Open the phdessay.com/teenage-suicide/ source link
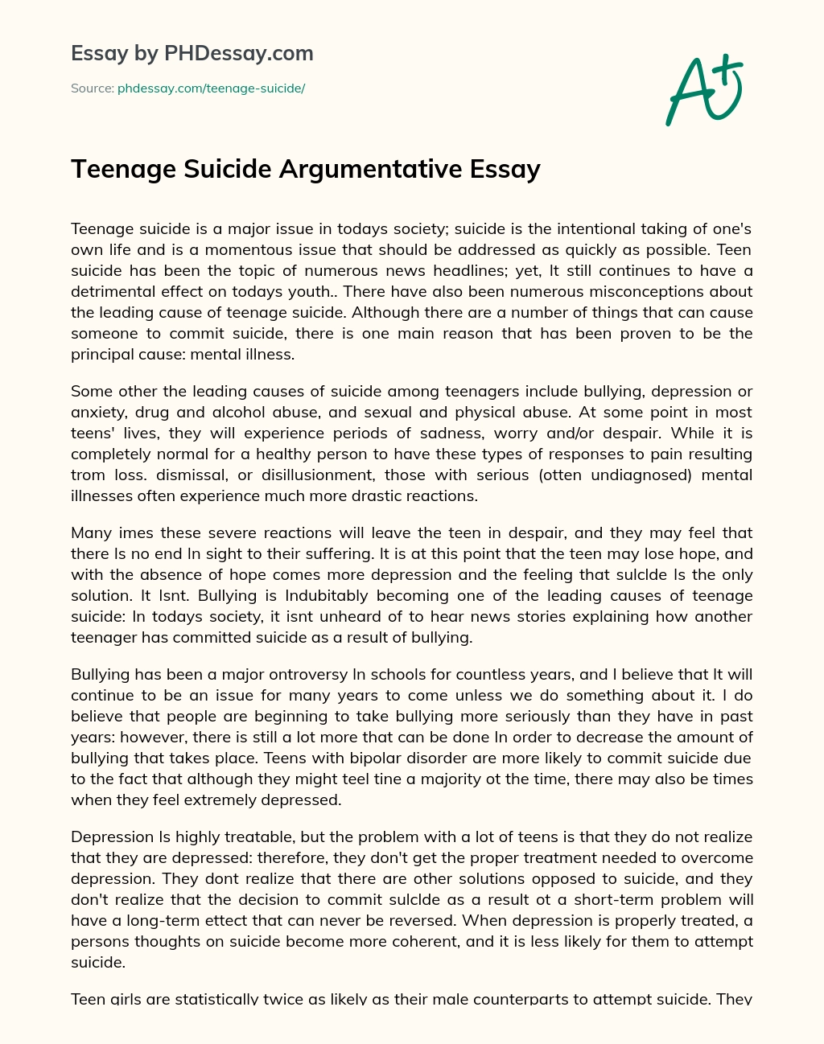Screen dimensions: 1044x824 tap(211, 88)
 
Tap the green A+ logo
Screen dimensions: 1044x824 tap(704, 90)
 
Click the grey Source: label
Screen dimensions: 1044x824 tap(92, 88)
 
